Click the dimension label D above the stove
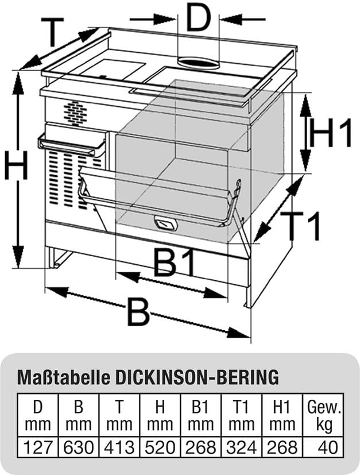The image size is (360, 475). pyautogui.click(x=198, y=20)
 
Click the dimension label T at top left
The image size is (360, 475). pyautogui.click(x=53, y=33)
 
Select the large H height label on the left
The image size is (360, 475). pyautogui.click(x=16, y=168)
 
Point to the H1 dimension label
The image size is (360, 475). pyautogui.click(x=330, y=134)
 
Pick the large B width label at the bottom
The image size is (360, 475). pyautogui.click(x=138, y=314)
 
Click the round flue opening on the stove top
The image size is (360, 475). pyautogui.click(x=198, y=63)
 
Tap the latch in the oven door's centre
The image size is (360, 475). pyautogui.click(x=165, y=223)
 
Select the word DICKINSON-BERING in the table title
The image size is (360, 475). pyautogui.click(x=198, y=377)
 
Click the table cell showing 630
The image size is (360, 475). pyautogui.click(x=79, y=447)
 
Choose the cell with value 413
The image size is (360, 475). pyautogui.click(x=119, y=447)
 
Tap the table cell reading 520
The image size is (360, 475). pyautogui.click(x=160, y=447)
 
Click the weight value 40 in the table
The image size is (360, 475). pyautogui.click(x=325, y=447)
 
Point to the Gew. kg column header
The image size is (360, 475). pyautogui.click(x=324, y=416)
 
